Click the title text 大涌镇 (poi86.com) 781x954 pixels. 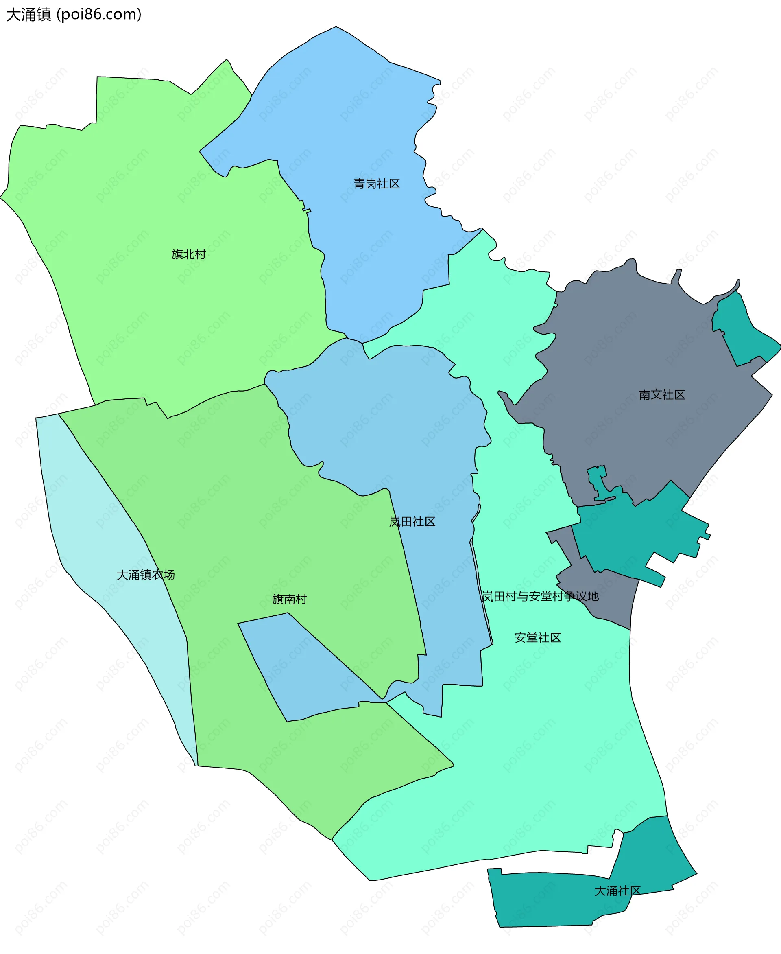(74, 14)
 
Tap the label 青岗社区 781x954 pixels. (377, 184)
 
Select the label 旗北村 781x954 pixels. (188, 254)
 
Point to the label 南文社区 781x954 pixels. (662, 395)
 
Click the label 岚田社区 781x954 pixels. (412, 521)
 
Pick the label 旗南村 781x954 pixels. (289, 599)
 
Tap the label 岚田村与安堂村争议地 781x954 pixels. (540, 596)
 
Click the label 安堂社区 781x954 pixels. (538, 637)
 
